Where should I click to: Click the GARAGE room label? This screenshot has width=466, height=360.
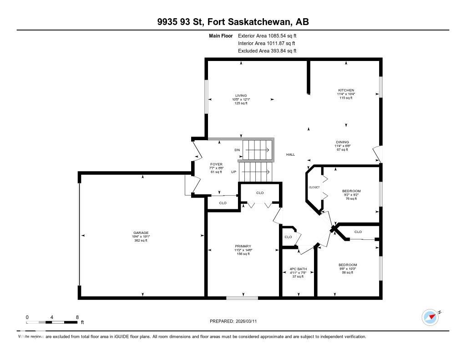[x=141, y=233]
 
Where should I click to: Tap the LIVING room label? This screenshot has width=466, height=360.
[x=241, y=96]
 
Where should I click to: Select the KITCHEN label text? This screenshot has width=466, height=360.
[x=346, y=90]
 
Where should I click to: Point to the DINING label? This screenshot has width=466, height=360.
[x=342, y=142]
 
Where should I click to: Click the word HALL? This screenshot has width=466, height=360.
[x=290, y=154]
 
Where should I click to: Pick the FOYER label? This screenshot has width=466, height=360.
[x=216, y=164]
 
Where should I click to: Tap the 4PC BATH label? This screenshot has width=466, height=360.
[x=298, y=269]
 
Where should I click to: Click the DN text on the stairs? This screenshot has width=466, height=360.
[x=237, y=150]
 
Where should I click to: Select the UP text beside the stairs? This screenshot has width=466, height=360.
[x=234, y=172]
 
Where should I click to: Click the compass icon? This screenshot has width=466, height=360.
[x=430, y=317]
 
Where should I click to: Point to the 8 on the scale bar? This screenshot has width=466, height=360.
[x=77, y=317]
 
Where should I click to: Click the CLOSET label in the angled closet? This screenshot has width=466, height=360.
[x=314, y=187]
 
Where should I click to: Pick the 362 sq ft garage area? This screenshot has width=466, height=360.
[x=141, y=241]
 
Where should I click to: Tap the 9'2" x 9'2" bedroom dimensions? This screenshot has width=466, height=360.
[x=351, y=195]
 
